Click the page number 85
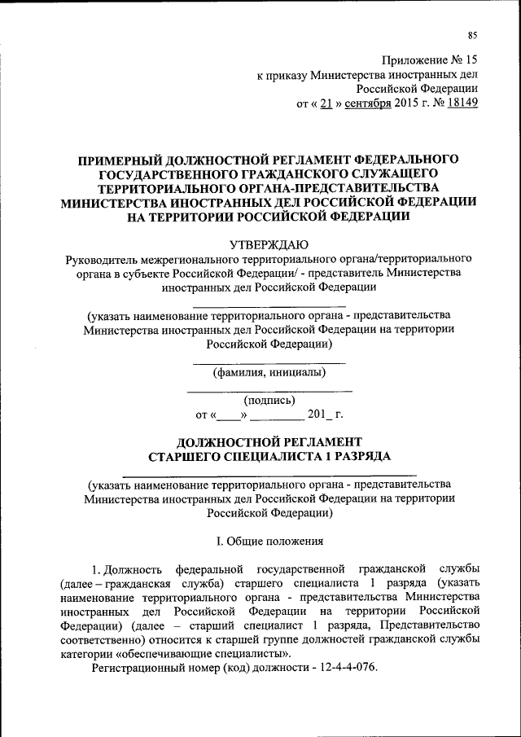(x=472, y=34)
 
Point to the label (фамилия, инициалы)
(x=269, y=373)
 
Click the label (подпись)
(x=269, y=400)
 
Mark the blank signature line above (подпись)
(x=269, y=391)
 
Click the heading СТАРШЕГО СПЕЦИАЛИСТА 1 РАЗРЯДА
(x=269, y=457)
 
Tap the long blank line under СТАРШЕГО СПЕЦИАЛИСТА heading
(x=269, y=473)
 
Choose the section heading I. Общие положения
(x=269, y=540)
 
